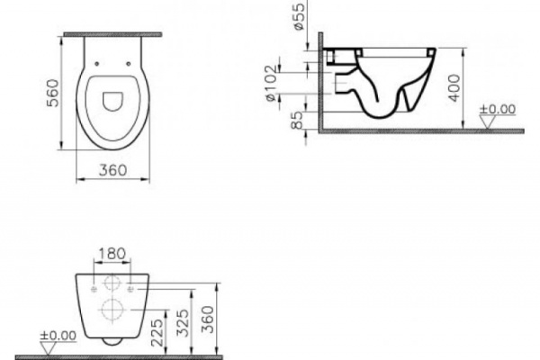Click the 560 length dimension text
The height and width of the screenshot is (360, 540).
(x=51, y=90)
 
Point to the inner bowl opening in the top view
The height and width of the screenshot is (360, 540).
(x=112, y=101)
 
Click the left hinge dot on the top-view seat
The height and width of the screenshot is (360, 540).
(x=95, y=64)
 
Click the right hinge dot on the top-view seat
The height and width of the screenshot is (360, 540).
(x=130, y=64)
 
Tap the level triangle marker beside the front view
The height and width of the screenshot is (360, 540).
(x=49, y=346)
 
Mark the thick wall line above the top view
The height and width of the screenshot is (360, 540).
(x=112, y=34)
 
